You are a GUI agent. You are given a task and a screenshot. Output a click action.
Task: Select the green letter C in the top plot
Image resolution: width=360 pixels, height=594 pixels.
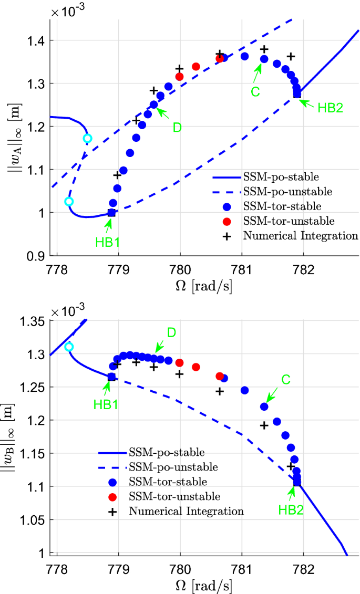pos(255,92)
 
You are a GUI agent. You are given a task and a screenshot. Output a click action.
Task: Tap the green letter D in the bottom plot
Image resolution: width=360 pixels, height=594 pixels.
pos(171,332)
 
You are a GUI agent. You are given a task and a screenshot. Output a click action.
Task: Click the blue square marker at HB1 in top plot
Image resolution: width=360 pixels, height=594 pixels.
pos(111,213)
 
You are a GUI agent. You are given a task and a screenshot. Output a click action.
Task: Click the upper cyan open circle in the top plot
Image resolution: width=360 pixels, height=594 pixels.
pos(87,138)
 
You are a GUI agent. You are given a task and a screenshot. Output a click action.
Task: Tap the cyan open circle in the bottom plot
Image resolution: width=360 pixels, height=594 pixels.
pos(69,347)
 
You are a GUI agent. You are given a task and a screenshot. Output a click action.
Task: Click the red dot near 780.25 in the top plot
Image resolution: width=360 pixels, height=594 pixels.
pos(196,67)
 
